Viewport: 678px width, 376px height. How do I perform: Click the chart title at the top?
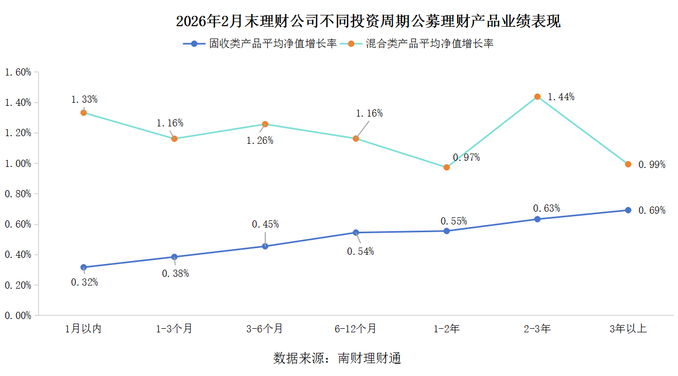pyautogui.click(x=368, y=22)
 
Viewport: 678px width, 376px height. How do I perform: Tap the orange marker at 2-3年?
pyautogui.click(x=537, y=97)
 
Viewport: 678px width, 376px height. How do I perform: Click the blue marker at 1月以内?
pyautogui.click(x=84, y=267)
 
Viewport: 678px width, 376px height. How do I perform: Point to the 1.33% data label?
pyautogui.click(x=84, y=99)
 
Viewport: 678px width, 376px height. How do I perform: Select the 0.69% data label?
pyautogui.click(x=652, y=210)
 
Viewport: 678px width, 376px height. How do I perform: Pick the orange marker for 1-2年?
pyautogui.click(x=447, y=167)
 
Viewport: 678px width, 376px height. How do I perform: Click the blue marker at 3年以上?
pyautogui.click(x=628, y=210)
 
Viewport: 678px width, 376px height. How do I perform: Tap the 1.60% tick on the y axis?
pyautogui.click(x=18, y=72)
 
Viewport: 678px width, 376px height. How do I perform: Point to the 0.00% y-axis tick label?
pyautogui.click(x=18, y=315)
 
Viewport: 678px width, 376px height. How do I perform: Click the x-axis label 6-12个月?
pyautogui.click(x=355, y=329)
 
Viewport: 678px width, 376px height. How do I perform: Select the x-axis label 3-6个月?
pyautogui.click(x=265, y=329)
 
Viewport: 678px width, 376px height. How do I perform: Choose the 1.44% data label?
pyautogui.click(x=561, y=97)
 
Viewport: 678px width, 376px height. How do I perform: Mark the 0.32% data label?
pyautogui.click(x=84, y=282)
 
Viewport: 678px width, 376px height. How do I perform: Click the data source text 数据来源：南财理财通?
pyautogui.click(x=337, y=359)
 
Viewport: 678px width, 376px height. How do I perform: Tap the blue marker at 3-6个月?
pyautogui.click(x=265, y=246)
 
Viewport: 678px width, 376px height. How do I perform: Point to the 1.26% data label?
pyautogui.click(x=260, y=141)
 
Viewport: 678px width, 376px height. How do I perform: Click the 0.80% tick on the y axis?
pyautogui.click(x=18, y=194)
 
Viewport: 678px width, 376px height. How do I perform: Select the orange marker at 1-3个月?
pyautogui.click(x=174, y=139)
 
